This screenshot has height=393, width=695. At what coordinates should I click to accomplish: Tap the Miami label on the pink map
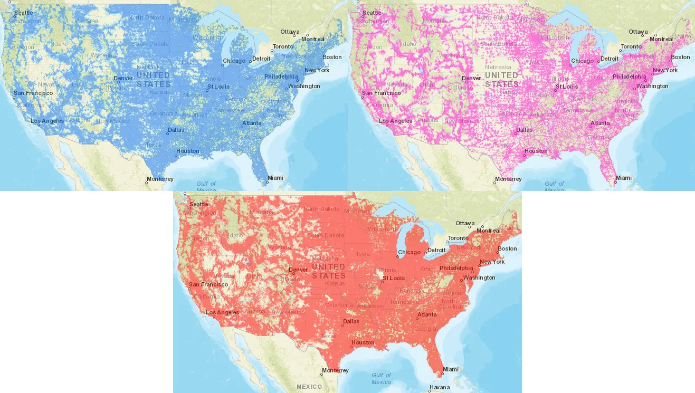[623, 178]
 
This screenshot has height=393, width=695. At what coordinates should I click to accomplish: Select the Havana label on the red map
[440, 387]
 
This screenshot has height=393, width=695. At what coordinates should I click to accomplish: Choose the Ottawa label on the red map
[464, 223]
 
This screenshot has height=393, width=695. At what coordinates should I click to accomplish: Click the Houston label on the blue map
[188, 151]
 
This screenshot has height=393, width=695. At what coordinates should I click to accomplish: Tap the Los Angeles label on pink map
[395, 121]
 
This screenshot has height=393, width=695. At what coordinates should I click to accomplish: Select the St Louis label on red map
[394, 278]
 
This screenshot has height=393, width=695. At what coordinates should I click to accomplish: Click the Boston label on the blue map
[332, 57]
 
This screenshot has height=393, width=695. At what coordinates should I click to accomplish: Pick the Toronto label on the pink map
[631, 46]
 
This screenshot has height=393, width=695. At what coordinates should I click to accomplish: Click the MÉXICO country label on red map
[309, 387]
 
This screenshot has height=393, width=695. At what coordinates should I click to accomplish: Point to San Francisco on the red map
[208, 284]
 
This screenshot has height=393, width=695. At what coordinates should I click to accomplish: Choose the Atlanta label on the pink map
[600, 123]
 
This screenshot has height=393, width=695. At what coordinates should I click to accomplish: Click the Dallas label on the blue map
[176, 130]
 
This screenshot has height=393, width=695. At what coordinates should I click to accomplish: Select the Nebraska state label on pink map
[498, 68]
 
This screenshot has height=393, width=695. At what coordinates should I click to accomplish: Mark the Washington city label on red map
[479, 277]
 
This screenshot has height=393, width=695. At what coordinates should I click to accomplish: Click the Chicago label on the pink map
[582, 61]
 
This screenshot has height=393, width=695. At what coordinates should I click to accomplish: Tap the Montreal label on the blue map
[313, 39]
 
